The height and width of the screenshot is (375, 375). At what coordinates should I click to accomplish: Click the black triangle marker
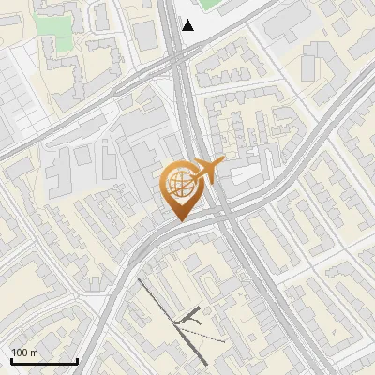[188, 25]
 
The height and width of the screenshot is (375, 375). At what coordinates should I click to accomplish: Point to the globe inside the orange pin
[182, 184]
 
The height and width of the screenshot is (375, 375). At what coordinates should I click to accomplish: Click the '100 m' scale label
[24, 352]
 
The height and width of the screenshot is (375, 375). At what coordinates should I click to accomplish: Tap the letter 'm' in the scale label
[35, 352]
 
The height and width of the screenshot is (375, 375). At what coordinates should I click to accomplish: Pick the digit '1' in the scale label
[14, 352]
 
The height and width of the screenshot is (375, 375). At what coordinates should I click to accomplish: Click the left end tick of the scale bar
[10, 361]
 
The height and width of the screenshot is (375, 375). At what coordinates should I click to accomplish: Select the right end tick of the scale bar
[77, 361]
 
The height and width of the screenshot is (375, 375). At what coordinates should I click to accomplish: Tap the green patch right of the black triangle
[211, 4]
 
